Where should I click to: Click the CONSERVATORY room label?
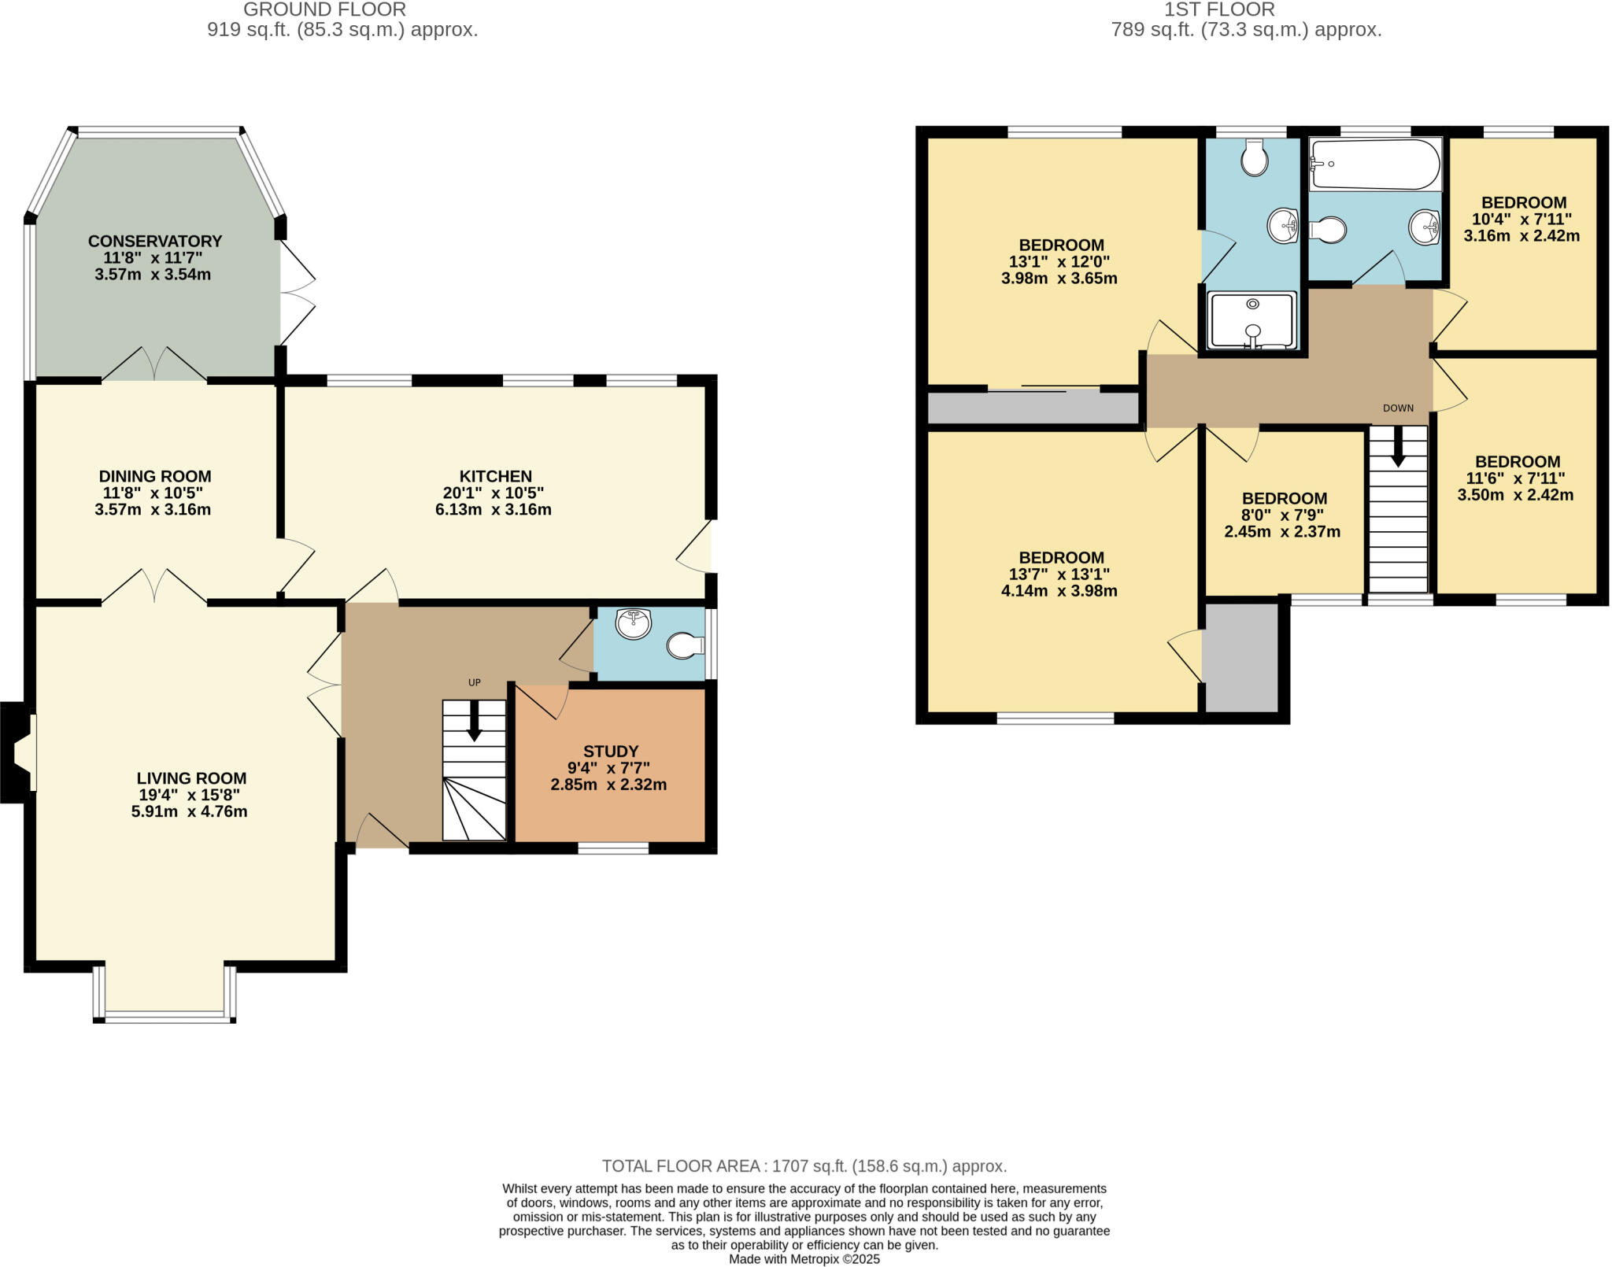155,241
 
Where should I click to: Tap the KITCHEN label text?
495,476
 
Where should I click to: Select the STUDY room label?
610,751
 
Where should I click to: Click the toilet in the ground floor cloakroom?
684,646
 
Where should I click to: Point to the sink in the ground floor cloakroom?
634,623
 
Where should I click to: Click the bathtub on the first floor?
1374,164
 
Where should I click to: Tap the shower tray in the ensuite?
1252,320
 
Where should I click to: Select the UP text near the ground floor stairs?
474,682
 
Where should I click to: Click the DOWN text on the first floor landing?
1398,408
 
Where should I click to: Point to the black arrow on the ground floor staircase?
474,720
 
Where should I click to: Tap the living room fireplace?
17,752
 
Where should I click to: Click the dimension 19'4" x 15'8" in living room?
189,795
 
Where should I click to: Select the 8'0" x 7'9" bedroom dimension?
1282,515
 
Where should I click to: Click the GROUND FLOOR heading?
324,10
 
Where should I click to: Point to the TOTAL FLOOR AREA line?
804,1165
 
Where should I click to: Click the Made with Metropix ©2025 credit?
804,1258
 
